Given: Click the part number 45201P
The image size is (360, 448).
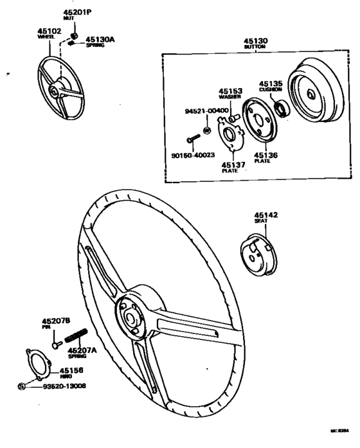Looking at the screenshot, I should click(x=76, y=13).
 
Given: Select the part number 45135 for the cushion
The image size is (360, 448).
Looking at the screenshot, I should click(x=271, y=84).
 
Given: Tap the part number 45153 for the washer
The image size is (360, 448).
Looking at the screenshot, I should click(x=230, y=92).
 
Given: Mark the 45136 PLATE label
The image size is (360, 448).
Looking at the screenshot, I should click(x=265, y=156).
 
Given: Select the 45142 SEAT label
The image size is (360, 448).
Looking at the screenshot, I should click(x=265, y=216).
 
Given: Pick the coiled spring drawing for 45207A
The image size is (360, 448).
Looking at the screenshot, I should click(x=75, y=336).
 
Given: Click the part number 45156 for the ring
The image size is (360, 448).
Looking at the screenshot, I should click(x=72, y=371).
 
